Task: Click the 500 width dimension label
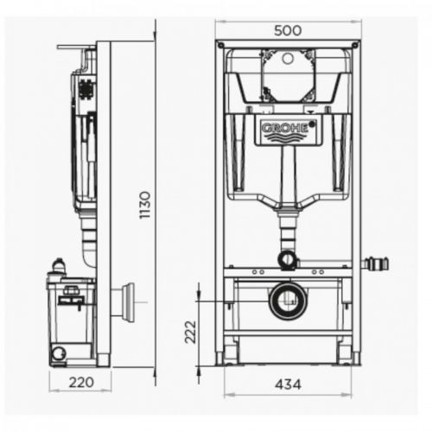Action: [288, 30]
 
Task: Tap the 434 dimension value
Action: [288, 384]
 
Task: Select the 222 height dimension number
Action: [190, 332]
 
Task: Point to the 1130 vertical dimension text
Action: [145, 205]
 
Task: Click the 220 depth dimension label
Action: [81, 383]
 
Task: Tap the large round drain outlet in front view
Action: [288, 301]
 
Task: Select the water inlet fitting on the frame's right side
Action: [375, 264]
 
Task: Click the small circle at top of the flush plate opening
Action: [288, 59]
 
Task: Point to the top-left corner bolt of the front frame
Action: [220, 45]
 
